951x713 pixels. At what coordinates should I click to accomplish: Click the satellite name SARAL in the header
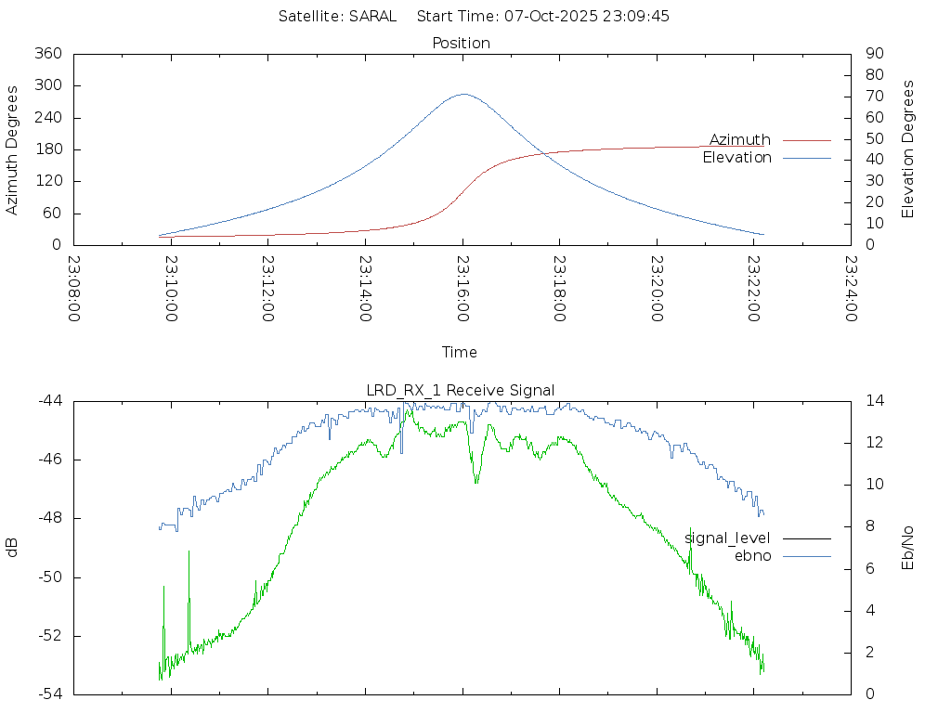[x=372, y=16]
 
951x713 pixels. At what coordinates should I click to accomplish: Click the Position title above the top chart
[x=462, y=43]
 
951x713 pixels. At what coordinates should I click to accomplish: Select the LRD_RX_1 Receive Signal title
[x=462, y=390]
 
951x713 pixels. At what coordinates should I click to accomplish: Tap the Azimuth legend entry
[x=740, y=139]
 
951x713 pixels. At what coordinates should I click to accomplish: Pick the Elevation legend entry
[x=736, y=158]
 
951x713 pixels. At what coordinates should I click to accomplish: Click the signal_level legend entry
[x=727, y=538]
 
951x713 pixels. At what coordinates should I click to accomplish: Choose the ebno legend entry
[x=752, y=555]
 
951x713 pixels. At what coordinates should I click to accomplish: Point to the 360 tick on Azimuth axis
[x=48, y=54]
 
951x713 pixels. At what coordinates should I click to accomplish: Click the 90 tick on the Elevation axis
[x=873, y=54]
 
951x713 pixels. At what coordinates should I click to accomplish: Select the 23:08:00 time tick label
[x=74, y=288]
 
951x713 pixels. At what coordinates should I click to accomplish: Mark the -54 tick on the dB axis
[x=50, y=694]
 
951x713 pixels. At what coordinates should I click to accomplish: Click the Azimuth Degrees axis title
[x=13, y=149]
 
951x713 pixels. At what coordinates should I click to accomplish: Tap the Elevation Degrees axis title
[x=908, y=149]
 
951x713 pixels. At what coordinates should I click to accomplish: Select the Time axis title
[x=460, y=352]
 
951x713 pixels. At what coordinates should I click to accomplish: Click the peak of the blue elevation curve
[x=463, y=94]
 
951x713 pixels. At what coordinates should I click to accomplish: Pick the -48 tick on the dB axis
[x=50, y=518]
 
